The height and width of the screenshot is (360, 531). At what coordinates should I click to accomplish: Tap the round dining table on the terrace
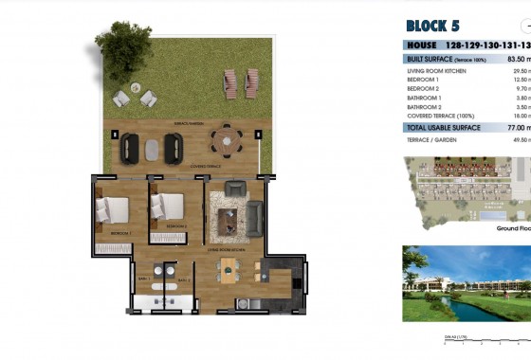point(226,144)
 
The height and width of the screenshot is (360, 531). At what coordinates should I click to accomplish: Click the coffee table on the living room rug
point(228,221)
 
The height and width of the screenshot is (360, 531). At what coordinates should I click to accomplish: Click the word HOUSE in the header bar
point(421,45)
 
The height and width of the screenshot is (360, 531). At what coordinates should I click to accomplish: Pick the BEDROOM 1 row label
point(424,80)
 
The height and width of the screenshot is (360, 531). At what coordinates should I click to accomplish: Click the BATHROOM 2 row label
point(426,108)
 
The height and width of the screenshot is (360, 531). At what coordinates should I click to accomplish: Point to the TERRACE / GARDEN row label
point(430,139)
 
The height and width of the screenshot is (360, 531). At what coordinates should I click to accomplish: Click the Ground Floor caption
point(511,228)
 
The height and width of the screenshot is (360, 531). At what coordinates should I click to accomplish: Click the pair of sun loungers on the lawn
point(243,84)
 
